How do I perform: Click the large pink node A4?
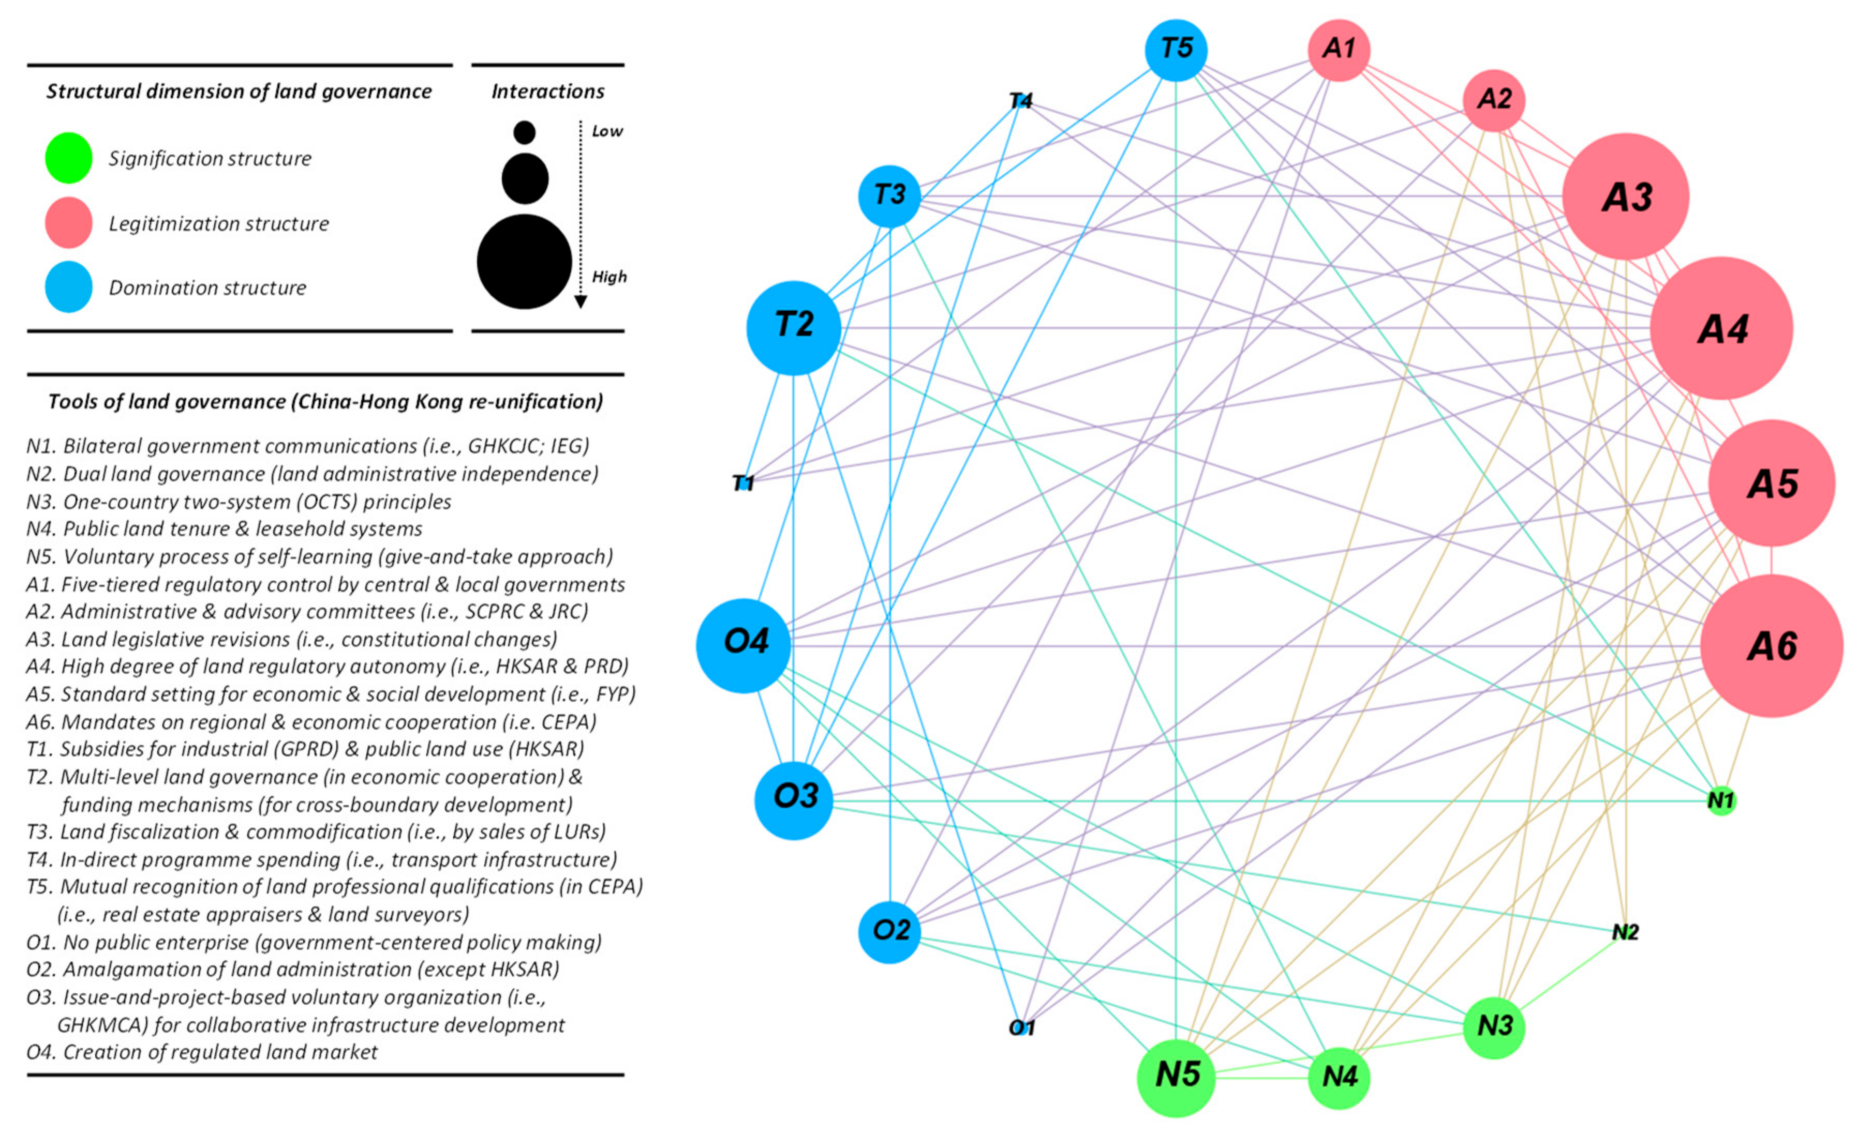1721,328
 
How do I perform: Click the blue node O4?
744,645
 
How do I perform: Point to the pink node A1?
1339,50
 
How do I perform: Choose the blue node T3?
890,196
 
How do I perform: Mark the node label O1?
1022,1027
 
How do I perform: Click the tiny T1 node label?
744,483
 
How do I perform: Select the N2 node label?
1625,933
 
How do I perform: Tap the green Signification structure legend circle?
69,158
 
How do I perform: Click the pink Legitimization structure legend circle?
69,223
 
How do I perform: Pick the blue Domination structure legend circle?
69,287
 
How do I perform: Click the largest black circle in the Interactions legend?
524,262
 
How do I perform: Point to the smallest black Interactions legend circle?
524,133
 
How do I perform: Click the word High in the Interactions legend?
608,277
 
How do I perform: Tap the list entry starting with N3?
239,502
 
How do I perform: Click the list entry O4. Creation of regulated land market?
202,1052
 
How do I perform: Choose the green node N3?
1494,1026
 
